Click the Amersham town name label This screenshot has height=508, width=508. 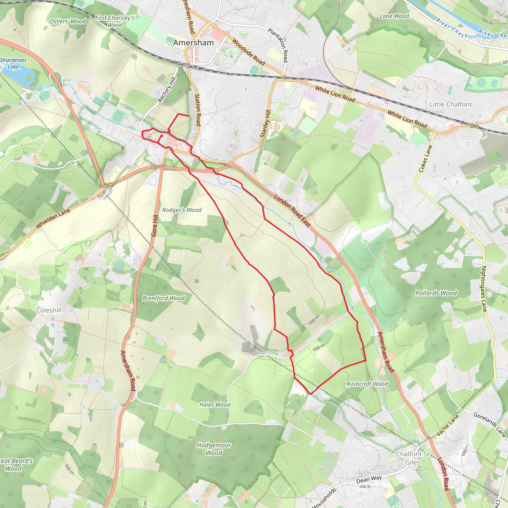(193, 43)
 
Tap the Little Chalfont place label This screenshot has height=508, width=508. (450, 104)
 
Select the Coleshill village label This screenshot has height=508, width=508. (49, 310)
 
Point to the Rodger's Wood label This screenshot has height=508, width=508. (182, 210)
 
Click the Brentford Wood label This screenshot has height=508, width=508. (163, 298)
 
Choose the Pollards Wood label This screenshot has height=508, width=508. (436, 293)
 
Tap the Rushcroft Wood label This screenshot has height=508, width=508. (367, 384)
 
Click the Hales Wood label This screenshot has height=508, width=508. (215, 405)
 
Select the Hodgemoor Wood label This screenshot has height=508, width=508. (214, 449)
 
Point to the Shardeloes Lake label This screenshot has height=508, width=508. (13, 63)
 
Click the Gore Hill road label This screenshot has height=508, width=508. (155, 226)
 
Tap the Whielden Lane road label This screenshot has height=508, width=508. (53, 218)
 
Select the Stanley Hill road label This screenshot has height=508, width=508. (265, 124)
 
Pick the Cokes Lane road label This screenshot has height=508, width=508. (425, 159)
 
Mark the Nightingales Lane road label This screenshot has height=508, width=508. (484, 289)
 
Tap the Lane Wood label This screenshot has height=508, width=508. (394, 16)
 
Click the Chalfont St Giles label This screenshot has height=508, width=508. (413, 458)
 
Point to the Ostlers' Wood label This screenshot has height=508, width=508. (67, 21)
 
